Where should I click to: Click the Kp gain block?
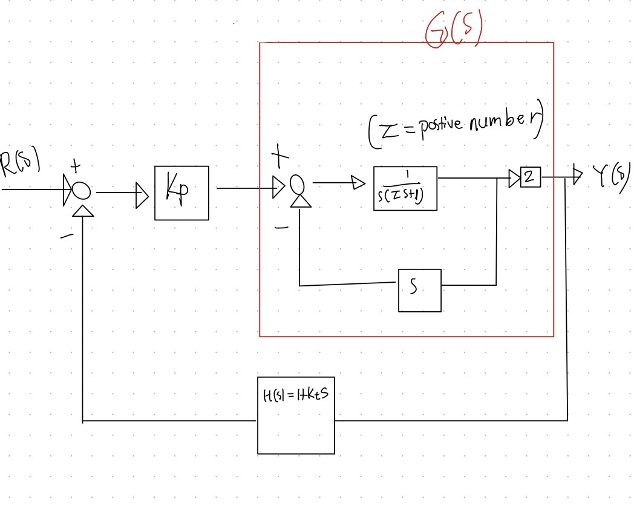(181, 193)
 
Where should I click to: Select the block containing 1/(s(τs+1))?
(405, 188)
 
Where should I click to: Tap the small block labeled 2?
(531, 178)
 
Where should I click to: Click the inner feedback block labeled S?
(419, 290)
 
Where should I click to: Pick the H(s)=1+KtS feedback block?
(296, 419)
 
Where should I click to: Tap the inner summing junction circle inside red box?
(296, 183)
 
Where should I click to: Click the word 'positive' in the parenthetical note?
(434, 125)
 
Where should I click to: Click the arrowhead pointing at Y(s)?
(577, 176)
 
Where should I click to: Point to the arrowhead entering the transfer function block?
(358, 182)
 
